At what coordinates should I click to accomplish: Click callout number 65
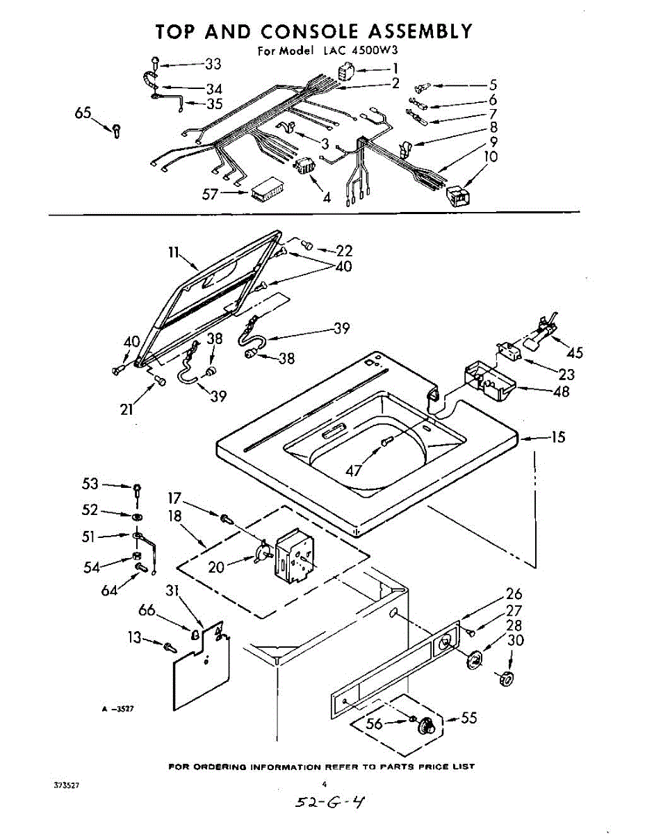[x=83, y=113]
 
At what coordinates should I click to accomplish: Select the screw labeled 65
[x=116, y=130]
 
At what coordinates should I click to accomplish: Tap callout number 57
[x=211, y=195]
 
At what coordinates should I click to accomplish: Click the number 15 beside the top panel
[x=557, y=437]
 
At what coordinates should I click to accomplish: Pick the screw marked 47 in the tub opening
[x=387, y=441]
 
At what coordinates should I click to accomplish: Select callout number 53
[x=91, y=484]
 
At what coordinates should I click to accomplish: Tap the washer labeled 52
[x=138, y=516]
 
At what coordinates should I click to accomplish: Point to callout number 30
[x=516, y=640]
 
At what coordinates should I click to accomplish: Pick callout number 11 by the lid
[x=174, y=254]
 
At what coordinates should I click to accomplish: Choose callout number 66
[x=147, y=610]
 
